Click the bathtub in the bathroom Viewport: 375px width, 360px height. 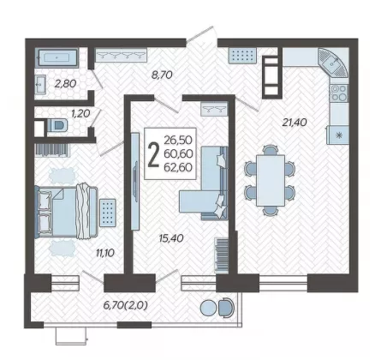click(x=57, y=58)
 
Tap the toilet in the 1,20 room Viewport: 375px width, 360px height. click(x=57, y=125)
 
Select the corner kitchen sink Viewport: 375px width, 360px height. click(x=333, y=63)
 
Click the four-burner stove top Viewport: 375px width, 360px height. click(x=339, y=93)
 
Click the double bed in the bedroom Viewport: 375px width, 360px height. click(x=66, y=212)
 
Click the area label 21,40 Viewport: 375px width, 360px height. click(x=295, y=123)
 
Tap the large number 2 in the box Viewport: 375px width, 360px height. click(x=154, y=155)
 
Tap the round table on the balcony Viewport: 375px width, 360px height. click(x=209, y=308)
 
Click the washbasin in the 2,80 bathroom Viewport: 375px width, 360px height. click(x=40, y=84)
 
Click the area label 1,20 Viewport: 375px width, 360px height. click(x=80, y=114)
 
